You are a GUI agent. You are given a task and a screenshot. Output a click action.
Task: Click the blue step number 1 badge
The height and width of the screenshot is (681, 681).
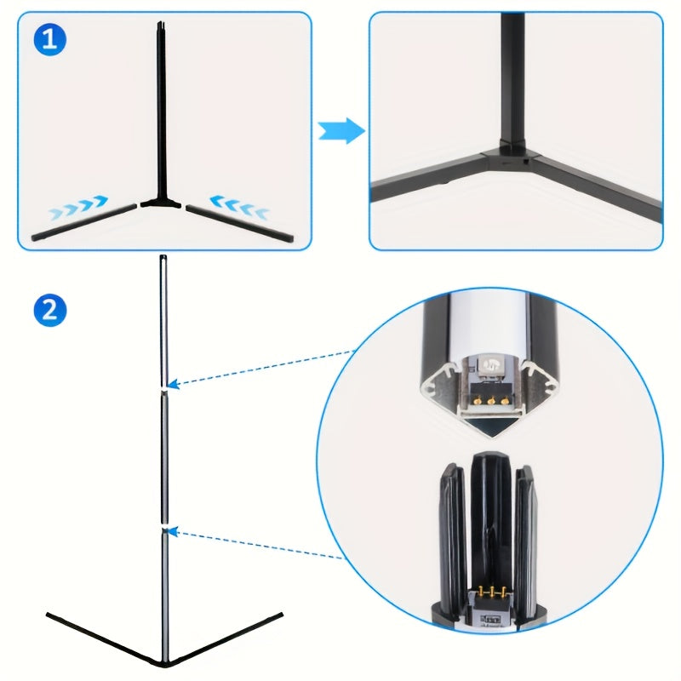[x=49, y=41]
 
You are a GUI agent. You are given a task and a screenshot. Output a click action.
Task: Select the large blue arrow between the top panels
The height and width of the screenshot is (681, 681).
[x=340, y=132]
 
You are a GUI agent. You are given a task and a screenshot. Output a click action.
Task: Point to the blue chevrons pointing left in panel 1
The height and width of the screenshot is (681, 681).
[x=240, y=206]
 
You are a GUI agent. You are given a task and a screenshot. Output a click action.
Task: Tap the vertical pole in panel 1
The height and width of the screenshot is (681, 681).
[x=160, y=111]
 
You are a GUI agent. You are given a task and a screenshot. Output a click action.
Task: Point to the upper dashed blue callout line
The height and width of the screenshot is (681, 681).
[x=260, y=368]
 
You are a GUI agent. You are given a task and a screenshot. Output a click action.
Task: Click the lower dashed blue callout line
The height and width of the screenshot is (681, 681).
[x=255, y=544]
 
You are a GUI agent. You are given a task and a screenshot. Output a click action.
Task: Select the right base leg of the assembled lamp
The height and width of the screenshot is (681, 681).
[x=226, y=637]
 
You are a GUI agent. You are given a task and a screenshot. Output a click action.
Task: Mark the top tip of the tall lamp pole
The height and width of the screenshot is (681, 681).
[x=163, y=259]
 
